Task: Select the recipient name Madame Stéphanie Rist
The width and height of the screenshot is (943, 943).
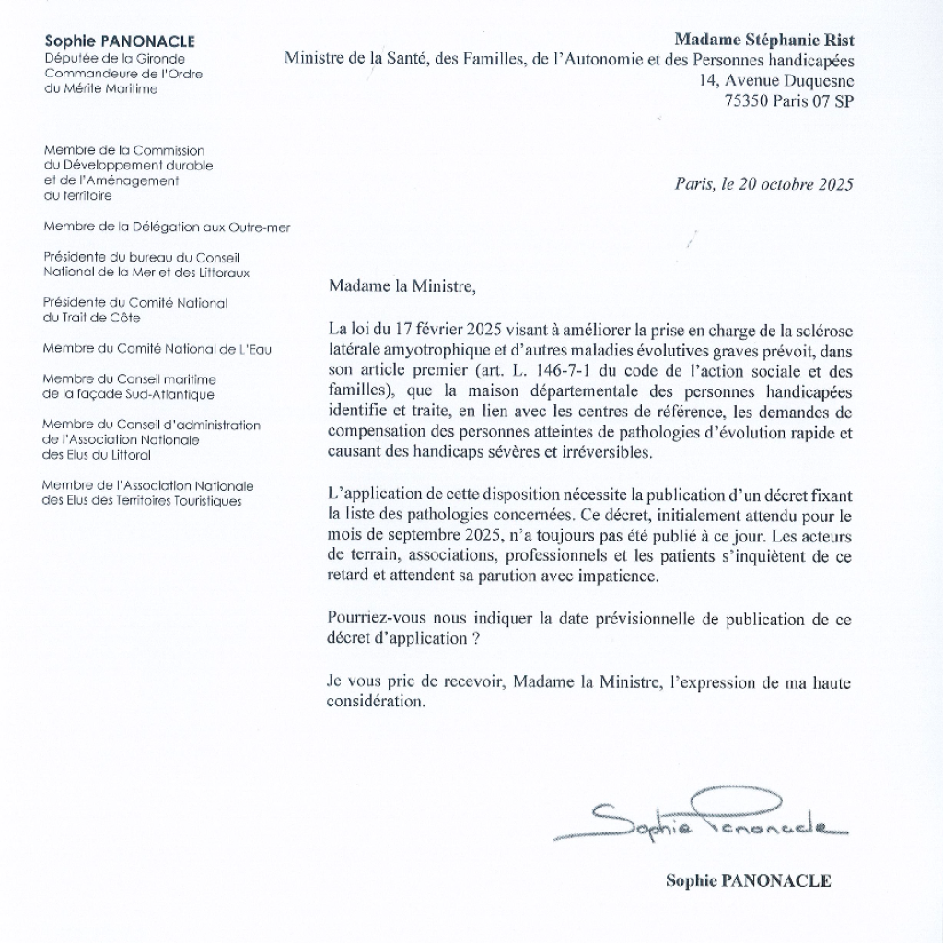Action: (763, 40)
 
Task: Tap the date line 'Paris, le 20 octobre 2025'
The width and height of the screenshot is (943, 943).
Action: (763, 183)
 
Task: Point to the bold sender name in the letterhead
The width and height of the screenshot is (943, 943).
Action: (120, 41)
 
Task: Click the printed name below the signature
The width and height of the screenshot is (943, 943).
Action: (748, 881)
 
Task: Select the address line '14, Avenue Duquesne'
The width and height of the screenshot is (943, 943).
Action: (776, 81)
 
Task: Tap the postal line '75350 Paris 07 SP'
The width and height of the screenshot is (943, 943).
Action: (789, 101)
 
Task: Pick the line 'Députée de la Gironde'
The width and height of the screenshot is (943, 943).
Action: (114, 58)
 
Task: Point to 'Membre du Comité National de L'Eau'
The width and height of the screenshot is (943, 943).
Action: (157, 348)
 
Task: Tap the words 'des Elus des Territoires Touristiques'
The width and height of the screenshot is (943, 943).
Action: (143, 501)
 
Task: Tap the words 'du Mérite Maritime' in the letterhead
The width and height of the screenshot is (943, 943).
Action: (100, 88)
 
